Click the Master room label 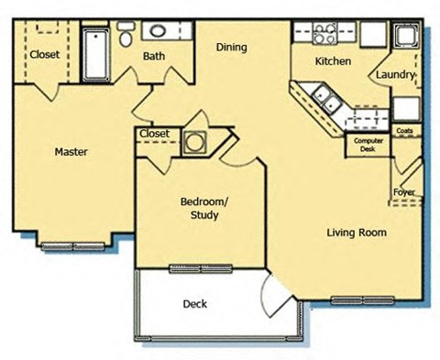[x=70, y=152]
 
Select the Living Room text [x=357, y=233]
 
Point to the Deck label [x=194, y=304]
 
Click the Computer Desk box [x=363, y=145]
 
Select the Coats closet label [x=404, y=132]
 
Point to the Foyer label [x=404, y=192]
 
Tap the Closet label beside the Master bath [x=44, y=55]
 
